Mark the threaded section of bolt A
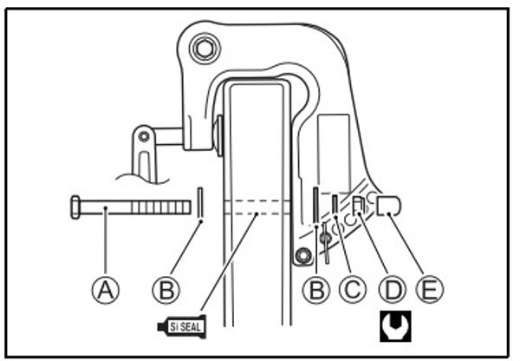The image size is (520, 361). pos(161,207)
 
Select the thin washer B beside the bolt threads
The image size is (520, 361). pos(200,206)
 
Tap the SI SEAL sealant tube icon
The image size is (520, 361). pos(183,326)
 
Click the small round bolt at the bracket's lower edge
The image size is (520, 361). pos(302,256)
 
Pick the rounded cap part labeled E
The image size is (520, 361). pos(390,205)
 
